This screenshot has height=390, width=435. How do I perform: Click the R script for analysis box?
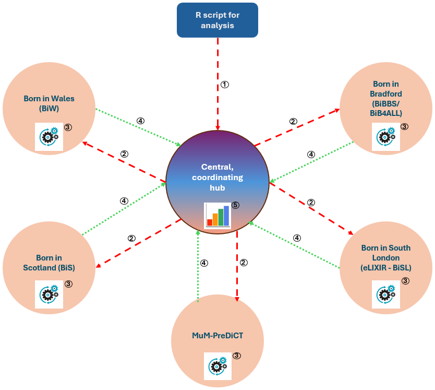click(217, 20)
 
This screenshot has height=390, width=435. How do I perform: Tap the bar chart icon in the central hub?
click(218, 216)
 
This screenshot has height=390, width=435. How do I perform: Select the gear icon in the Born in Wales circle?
click(49, 137)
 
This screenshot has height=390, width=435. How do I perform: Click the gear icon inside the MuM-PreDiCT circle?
click(218, 366)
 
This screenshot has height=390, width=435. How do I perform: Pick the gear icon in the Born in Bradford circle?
click(386, 137)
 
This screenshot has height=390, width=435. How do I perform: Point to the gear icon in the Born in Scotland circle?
click(49, 294)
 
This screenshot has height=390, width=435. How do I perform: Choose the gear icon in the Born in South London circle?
click(386, 294)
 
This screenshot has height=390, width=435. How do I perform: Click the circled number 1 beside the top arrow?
click(225, 85)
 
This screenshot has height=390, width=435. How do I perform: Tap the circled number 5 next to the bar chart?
click(235, 205)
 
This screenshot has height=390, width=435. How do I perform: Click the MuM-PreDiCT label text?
click(217, 336)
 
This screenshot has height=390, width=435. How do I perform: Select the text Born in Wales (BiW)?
click(49, 103)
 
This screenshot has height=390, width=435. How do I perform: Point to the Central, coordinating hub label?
click(217, 177)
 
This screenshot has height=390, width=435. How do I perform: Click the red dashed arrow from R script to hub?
click(218, 84)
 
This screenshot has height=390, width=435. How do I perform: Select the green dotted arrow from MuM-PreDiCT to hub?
click(198, 266)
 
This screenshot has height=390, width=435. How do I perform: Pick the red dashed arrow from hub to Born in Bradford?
click(297, 127)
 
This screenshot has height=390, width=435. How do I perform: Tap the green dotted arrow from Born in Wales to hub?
click(138, 127)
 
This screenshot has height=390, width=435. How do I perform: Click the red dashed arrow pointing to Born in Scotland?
click(138, 244)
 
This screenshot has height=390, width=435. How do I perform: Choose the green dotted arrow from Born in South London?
click(294, 245)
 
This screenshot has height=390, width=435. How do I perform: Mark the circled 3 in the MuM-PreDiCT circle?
click(237, 356)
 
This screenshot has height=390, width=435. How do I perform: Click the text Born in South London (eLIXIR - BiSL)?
click(386, 257)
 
